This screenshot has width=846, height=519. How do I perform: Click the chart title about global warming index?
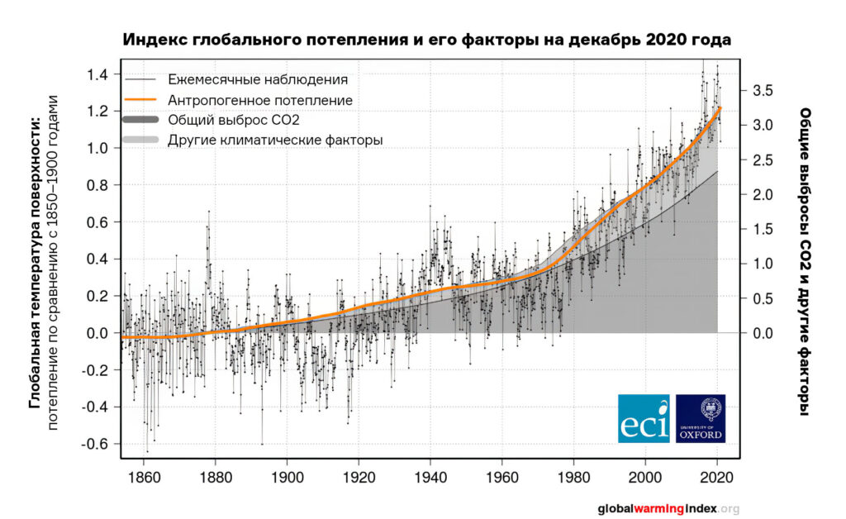427,40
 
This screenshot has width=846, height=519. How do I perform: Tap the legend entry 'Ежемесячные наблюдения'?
257,80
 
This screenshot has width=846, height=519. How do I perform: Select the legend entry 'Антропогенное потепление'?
260,100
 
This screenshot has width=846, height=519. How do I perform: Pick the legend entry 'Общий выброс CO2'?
233,120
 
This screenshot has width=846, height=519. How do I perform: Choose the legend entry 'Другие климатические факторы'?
275,140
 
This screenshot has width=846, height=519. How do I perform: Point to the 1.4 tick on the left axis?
97,75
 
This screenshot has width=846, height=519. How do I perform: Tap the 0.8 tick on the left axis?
97,186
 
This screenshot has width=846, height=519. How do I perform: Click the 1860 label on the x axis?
144,477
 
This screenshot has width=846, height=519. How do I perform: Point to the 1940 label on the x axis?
430,477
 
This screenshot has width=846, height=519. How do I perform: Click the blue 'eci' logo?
644,417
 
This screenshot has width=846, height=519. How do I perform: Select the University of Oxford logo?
701,417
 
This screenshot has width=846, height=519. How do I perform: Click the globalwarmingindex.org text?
668,508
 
